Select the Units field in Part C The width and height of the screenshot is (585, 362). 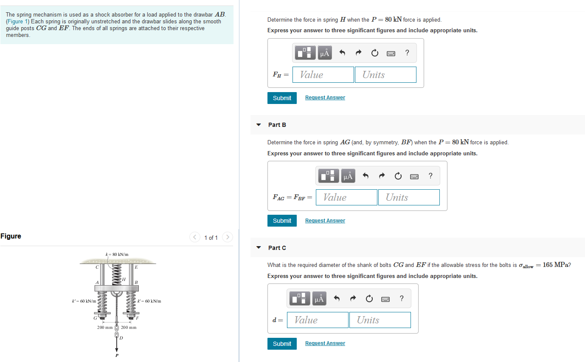(x=380, y=320)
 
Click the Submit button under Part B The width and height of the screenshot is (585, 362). (x=282, y=221)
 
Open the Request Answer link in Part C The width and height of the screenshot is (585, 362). (x=325, y=343)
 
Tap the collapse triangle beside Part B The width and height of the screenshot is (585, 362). (x=259, y=125)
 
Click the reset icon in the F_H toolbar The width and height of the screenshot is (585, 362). (x=374, y=53)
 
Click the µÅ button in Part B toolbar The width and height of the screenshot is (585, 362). (x=348, y=176)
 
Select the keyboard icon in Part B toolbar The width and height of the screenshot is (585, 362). (x=414, y=176)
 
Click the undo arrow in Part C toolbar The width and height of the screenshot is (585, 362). (x=337, y=299)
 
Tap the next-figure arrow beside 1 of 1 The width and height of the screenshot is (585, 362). (x=228, y=237)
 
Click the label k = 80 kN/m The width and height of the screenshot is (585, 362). (x=117, y=254)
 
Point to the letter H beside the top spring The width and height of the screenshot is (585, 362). (x=124, y=279)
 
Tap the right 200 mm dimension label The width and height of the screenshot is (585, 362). (x=129, y=328)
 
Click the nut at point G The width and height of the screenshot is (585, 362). (x=102, y=316)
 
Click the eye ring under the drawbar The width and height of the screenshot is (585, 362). (x=117, y=294)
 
